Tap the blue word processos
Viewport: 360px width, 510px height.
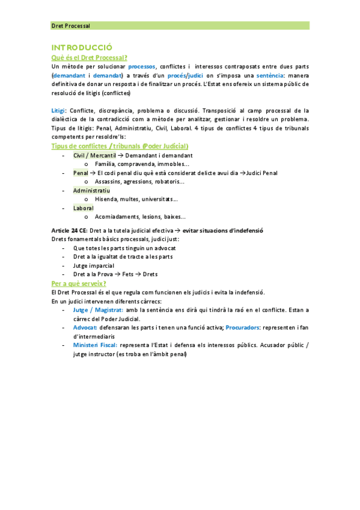138,66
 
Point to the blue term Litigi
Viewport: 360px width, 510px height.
59,111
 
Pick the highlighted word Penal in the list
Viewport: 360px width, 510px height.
81,173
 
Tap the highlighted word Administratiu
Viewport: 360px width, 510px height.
96,191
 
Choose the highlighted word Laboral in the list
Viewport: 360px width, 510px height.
84,208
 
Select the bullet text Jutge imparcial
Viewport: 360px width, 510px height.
94,265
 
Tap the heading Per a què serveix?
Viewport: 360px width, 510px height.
79,283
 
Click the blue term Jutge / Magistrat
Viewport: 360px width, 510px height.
98,310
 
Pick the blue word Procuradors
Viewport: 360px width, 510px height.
243,327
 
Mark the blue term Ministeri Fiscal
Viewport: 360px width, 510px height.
95,345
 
